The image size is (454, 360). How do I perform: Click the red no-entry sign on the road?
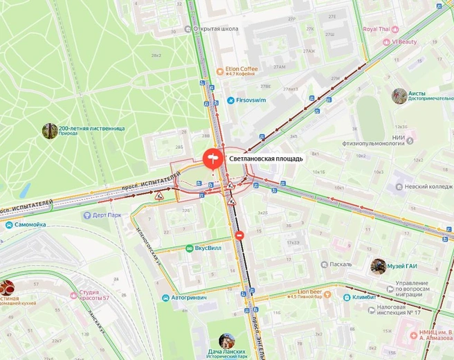pos(239,236)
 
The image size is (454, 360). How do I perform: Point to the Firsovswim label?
pos(255,100)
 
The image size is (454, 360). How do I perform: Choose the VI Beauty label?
pos(404,42)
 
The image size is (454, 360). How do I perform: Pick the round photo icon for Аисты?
pos(399,96)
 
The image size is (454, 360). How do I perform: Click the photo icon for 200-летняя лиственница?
pos(50,130)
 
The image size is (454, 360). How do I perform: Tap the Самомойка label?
pos(30,225)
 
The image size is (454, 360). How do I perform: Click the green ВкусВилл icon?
pos(189,248)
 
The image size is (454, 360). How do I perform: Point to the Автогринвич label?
pos(188,298)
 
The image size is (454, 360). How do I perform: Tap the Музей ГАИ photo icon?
pos(378,266)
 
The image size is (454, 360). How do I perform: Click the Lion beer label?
pos(311,292)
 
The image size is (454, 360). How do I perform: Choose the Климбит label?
pos(363,297)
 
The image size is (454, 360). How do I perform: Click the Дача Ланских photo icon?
pos(226,341)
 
